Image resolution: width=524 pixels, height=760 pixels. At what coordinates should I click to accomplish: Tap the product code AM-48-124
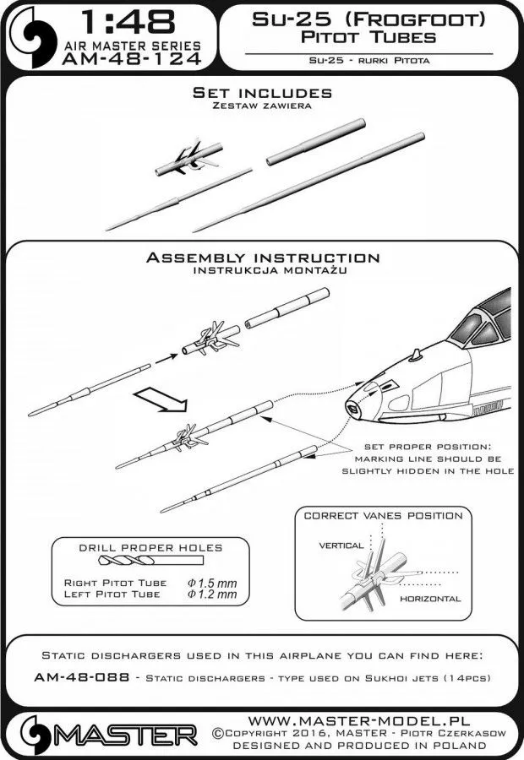coord(130,59)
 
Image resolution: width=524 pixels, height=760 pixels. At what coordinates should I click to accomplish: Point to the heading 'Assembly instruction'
coord(262,258)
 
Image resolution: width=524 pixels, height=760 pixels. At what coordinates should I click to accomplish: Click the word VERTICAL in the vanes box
coord(341,546)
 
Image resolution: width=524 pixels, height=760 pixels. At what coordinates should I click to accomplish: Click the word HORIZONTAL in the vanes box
coord(432,598)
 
